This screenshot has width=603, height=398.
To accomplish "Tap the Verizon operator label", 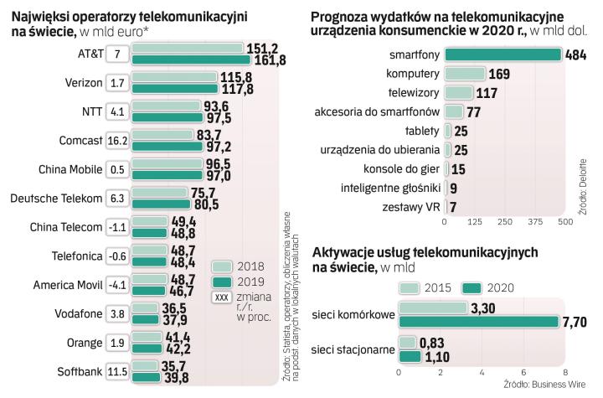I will [82, 83].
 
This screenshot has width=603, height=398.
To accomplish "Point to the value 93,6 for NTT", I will [216, 106].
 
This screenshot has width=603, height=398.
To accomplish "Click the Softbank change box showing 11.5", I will [118, 370].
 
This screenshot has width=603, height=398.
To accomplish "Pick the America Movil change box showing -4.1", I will [118, 284].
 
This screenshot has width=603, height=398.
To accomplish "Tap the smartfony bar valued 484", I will [503, 54].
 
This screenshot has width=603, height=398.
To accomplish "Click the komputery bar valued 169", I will [466, 74].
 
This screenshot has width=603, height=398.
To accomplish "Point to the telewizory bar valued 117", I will [460, 93].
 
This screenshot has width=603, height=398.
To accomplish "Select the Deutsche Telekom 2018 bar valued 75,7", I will [171, 192].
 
